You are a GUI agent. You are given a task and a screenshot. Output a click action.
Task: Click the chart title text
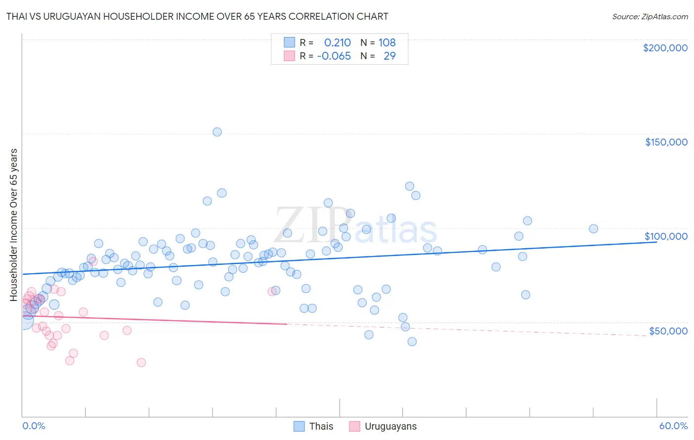[197, 16]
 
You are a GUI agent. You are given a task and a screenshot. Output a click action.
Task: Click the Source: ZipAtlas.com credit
[650, 17]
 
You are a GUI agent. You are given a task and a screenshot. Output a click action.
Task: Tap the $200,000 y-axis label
[665, 48]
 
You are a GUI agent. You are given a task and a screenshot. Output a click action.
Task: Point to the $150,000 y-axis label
[666, 142]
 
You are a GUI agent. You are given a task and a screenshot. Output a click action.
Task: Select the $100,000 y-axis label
[666, 236]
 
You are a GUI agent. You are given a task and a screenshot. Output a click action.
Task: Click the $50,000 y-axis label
[668, 331]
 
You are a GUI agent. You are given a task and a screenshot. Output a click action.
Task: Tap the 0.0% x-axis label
[34, 426]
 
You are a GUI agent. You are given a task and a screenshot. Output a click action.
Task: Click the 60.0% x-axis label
[673, 426]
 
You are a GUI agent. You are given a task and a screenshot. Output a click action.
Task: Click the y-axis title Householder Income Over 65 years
[14, 224]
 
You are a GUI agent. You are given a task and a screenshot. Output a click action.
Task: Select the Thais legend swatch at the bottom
[299, 426]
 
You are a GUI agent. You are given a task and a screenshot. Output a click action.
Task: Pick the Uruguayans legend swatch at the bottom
[354, 426]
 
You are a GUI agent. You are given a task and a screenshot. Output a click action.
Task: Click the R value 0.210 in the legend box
[337, 43]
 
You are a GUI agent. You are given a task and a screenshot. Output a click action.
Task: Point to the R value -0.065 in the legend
[334, 56]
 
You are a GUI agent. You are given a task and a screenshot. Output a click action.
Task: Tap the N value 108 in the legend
[387, 43]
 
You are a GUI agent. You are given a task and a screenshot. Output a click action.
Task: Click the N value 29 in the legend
[389, 56]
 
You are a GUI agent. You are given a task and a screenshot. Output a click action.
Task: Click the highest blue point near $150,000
[217, 132]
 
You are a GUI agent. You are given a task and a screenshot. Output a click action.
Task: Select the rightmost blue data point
[593, 229]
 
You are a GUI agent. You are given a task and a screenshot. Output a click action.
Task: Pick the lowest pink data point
[141, 363]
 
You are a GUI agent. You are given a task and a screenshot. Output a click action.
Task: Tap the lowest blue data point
[412, 342]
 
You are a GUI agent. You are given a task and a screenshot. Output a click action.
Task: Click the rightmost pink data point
[272, 292]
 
